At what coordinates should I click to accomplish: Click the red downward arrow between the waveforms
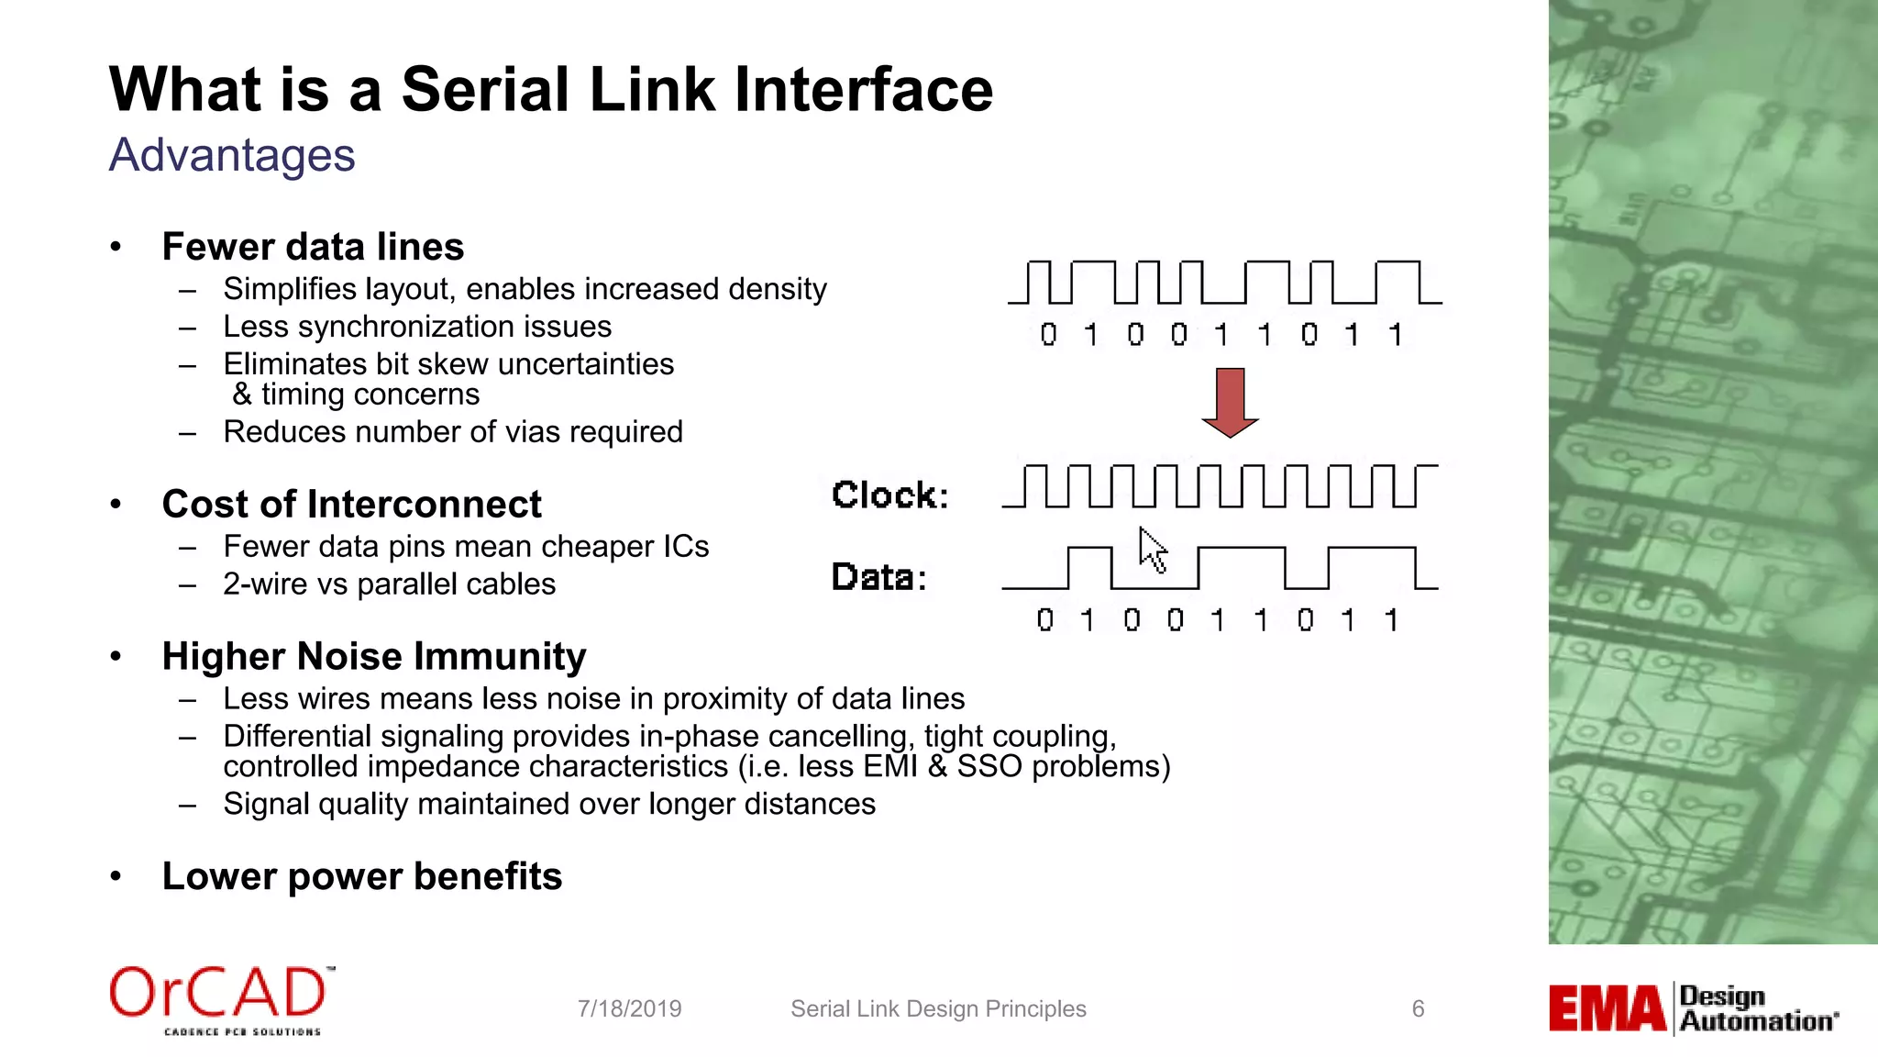pos(1230,401)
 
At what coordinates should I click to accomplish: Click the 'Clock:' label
pos(889,495)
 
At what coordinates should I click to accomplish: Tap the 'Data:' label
pos(878,578)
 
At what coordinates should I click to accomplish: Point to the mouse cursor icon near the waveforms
pos(1152,550)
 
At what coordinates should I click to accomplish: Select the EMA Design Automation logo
pos(1693,1008)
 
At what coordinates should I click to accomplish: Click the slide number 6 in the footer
pos(1418,1009)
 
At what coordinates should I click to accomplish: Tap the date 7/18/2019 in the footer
pos(629,1009)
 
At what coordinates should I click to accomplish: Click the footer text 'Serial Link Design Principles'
pos(938,1009)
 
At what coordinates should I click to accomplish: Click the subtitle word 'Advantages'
pos(232,155)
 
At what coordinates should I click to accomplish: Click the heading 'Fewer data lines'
pos(313,247)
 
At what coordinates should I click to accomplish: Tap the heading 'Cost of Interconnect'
pos(351,505)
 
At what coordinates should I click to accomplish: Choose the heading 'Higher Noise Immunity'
pos(373,657)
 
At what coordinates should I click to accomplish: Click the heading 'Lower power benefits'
pos(361,876)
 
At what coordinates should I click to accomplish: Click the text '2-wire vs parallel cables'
pos(389,584)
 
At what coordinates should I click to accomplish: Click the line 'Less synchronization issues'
pos(417,327)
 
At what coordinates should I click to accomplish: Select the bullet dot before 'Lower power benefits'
pos(116,876)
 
